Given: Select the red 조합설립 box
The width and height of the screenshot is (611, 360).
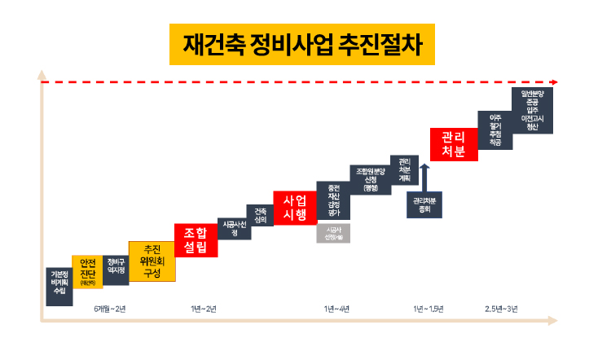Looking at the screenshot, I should pyautogui.click(x=196, y=239).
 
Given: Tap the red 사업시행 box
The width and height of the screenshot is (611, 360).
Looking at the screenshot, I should pyautogui.click(x=294, y=208).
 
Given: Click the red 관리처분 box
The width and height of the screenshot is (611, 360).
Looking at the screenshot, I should pyautogui.click(x=452, y=144).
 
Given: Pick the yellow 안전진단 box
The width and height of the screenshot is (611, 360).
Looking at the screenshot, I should pyautogui.click(x=87, y=272).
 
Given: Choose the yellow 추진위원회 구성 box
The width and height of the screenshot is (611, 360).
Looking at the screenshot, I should pyautogui.click(x=152, y=261).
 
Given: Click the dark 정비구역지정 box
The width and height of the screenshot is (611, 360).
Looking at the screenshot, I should pyautogui.click(x=116, y=266).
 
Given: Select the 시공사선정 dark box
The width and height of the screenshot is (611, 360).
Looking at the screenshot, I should pyautogui.click(x=234, y=229).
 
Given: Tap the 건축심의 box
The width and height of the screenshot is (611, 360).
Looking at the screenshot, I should pyautogui.click(x=260, y=215).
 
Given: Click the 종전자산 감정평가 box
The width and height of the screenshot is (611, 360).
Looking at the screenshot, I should pyautogui.click(x=332, y=200).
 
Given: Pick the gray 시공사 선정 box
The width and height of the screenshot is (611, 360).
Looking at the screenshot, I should pyautogui.click(x=332, y=233).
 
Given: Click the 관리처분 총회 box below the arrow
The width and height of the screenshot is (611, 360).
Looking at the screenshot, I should pyautogui.click(x=424, y=204).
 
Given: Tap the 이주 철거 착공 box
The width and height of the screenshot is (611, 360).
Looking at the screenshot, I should pyautogui.click(x=495, y=130).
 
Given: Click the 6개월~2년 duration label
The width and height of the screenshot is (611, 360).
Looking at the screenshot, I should pyautogui.click(x=110, y=309).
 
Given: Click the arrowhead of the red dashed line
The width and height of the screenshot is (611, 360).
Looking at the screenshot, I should pyautogui.click(x=554, y=82).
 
